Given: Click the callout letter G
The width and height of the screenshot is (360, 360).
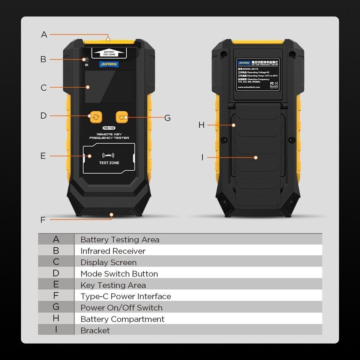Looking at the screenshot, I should point(168,118).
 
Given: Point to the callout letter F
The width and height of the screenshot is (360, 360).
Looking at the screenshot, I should point(43,220).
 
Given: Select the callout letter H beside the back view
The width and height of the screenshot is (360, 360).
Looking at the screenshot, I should point(202,125).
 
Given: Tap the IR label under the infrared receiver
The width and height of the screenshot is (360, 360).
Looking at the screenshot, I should point(87,65).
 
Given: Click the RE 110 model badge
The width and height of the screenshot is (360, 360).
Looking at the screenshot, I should point(109,128).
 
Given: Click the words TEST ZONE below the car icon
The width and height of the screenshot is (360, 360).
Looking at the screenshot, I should point(109,163).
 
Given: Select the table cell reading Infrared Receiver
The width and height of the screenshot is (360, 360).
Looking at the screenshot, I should point(113,251).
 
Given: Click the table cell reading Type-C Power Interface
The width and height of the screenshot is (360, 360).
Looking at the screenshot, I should point(126,296).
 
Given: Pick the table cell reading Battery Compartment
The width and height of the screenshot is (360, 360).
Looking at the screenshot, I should point(122,319).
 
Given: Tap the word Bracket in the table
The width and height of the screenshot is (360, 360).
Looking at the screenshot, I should point(95,330).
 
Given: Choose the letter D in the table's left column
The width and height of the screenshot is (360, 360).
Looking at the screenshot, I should point(56,273).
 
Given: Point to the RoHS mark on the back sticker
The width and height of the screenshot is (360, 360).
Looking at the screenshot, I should point(274,87).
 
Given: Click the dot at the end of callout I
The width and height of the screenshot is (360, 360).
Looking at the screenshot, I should point(256,157).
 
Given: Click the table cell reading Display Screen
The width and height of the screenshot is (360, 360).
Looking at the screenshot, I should point(109,262).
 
